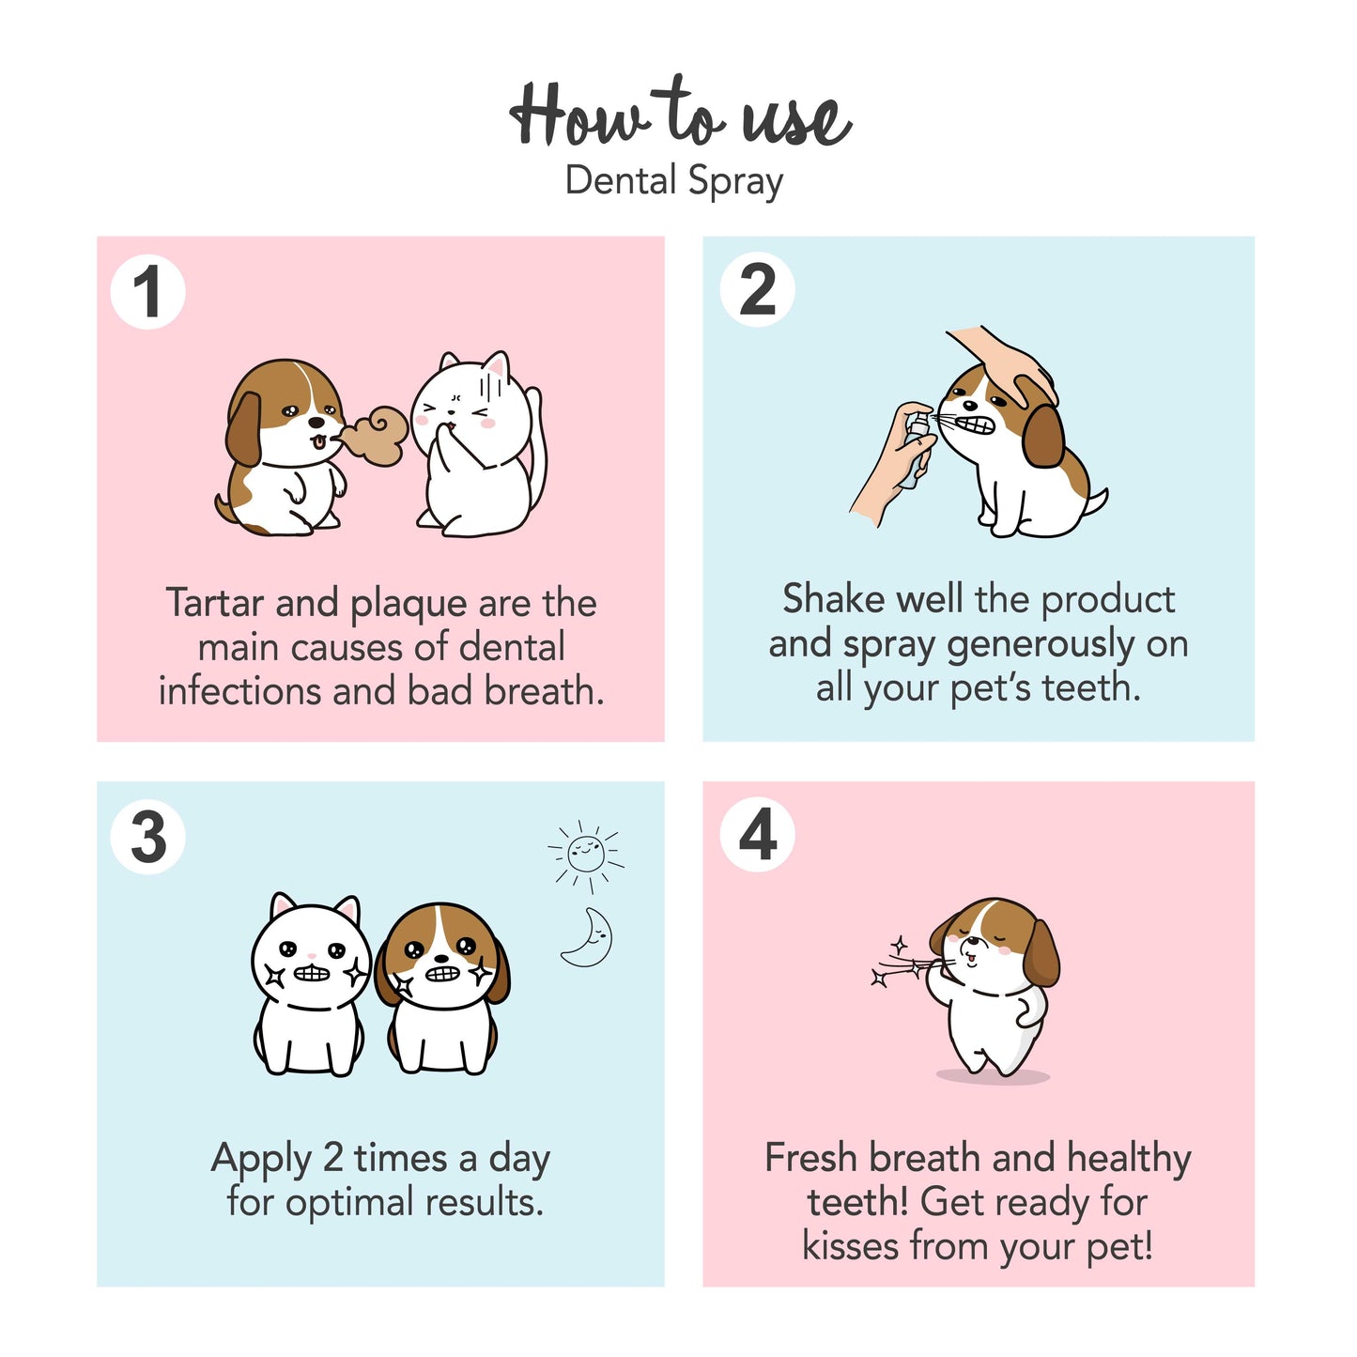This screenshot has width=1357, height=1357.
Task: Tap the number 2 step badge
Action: click(x=758, y=289)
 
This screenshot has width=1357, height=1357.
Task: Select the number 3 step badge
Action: click(x=147, y=838)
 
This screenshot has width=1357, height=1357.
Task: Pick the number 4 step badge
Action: click(x=758, y=835)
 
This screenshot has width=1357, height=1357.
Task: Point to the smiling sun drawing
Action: click(x=586, y=855)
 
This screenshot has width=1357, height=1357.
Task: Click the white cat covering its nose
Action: click(x=477, y=443)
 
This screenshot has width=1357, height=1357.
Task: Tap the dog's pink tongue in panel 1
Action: click(x=319, y=442)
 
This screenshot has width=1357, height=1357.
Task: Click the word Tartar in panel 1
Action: click(x=215, y=603)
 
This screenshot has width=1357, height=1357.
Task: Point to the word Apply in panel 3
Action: click(x=261, y=1160)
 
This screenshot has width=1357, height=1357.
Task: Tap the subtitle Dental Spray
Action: click(x=674, y=181)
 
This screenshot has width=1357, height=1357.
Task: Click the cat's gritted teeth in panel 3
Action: click(x=312, y=973)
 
